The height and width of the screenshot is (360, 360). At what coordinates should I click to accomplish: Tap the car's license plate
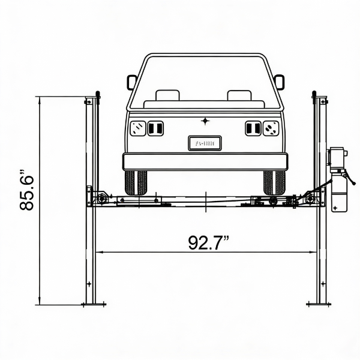(205, 143)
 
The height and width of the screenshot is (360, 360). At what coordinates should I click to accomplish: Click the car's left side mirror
(131, 82)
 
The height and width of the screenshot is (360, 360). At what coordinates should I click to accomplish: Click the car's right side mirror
(279, 82)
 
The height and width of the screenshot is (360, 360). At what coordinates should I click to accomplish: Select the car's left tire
(136, 182)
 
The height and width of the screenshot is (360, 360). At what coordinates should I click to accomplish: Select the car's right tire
(274, 182)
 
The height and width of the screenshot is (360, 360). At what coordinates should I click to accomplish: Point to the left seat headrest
(167, 95)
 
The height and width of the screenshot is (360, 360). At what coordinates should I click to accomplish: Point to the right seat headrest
(239, 95)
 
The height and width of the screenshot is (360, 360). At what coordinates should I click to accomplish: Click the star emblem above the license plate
(205, 121)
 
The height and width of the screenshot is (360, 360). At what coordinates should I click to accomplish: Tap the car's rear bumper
(205, 161)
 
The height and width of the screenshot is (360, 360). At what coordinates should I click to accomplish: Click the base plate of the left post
(93, 304)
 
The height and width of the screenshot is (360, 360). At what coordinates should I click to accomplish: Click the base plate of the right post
(318, 304)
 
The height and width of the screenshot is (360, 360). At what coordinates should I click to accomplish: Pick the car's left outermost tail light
(138, 128)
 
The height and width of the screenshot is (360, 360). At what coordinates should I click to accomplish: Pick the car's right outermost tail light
(271, 128)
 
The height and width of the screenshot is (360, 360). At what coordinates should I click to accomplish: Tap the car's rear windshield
(205, 81)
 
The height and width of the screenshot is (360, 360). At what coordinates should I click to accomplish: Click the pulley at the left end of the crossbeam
(101, 197)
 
